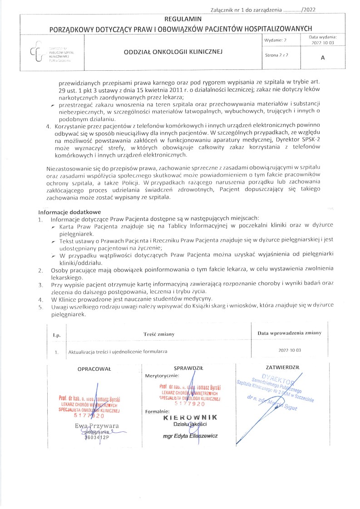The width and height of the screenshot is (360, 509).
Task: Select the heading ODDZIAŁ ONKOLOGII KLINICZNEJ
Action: (x=173, y=52)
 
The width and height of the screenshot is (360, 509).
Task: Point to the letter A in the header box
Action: (x=323, y=58)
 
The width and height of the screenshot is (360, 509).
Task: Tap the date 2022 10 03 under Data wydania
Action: (x=323, y=43)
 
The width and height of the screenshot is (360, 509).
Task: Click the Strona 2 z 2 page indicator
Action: (x=276, y=55)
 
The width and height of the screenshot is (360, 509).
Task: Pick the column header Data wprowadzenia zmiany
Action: (x=289, y=333)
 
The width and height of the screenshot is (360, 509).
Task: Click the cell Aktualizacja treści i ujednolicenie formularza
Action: (x=118, y=351)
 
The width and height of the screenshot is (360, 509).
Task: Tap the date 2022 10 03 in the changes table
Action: (x=290, y=351)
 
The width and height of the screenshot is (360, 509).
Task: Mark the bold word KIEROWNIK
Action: (x=191, y=417)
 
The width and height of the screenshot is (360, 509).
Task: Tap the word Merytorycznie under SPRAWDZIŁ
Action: (x=162, y=376)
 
